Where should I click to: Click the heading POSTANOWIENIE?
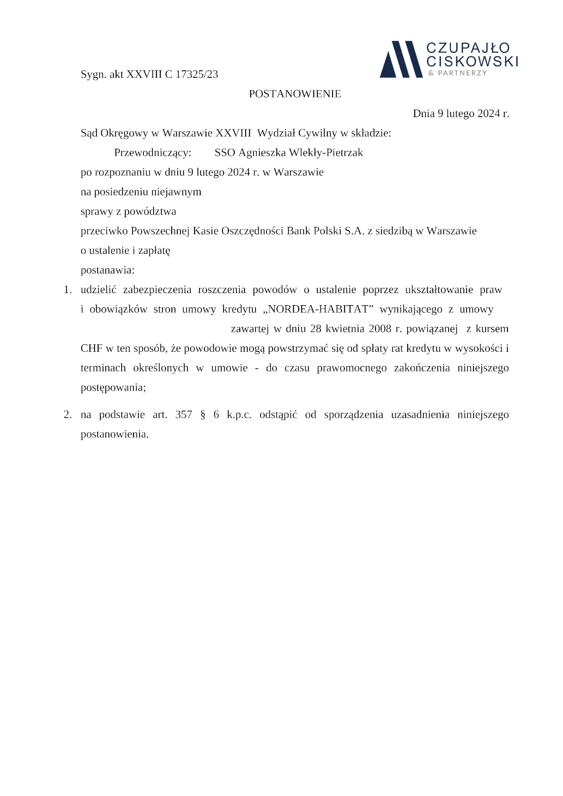coord(295,94)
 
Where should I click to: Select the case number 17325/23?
coord(197,74)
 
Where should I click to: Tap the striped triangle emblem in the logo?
coord(400,59)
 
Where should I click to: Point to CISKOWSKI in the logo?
coord(472,61)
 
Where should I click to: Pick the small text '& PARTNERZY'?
coord(457,73)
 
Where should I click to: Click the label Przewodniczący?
coord(152,153)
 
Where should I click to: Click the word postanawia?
coord(107,270)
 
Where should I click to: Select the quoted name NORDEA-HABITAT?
coord(318,309)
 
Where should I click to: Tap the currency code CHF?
coord(91,348)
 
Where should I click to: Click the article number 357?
coord(184,415)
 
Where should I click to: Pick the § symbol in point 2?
coord(202,415)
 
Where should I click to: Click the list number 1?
coord(68,290)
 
